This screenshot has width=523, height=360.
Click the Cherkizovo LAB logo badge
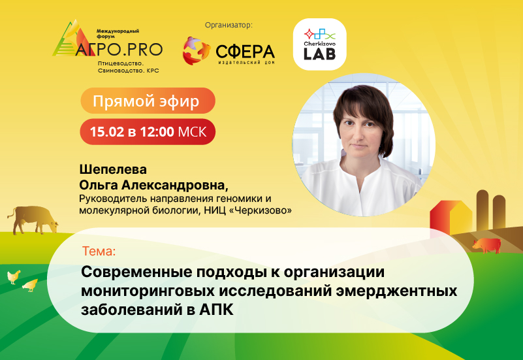pyautogui.click(x=319, y=44)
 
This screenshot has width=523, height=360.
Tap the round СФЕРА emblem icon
pyautogui.click(x=196, y=51)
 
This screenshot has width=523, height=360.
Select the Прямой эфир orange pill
pyautogui.click(x=148, y=101)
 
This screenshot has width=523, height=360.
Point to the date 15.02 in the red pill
pyautogui.click(x=106, y=132)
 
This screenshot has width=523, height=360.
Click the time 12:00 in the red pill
pyautogui.click(x=157, y=132)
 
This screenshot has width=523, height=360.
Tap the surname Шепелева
pyautogui.click(x=113, y=169)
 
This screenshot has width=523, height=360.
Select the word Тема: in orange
pyautogui.click(x=99, y=251)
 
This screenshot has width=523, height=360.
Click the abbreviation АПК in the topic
pyautogui.click(x=216, y=310)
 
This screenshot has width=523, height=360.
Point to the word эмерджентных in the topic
pyautogui.click(x=396, y=291)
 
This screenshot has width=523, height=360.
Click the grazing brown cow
pyautogui.click(x=33, y=220)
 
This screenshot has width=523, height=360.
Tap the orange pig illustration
pyautogui.click(x=486, y=245)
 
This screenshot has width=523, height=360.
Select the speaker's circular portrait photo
pyautogui.click(x=364, y=145)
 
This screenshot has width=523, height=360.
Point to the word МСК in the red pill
pyautogui.click(x=192, y=132)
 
